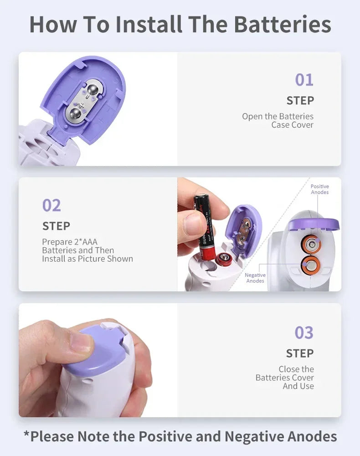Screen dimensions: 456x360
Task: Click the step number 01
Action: (x=304, y=80)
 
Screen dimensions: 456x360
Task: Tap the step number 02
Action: (x=51, y=205)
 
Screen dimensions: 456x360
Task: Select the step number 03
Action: (x=304, y=333)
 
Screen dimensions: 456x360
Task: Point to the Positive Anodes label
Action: (x=319, y=189)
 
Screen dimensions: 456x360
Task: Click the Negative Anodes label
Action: (x=255, y=278)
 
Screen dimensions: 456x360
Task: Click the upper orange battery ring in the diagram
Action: (x=311, y=244)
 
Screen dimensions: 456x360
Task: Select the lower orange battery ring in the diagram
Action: (x=311, y=264)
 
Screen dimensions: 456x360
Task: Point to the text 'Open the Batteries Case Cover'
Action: (x=278, y=120)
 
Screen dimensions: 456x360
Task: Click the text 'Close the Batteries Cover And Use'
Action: (x=285, y=378)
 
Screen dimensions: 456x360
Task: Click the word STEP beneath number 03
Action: (x=300, y=353)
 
